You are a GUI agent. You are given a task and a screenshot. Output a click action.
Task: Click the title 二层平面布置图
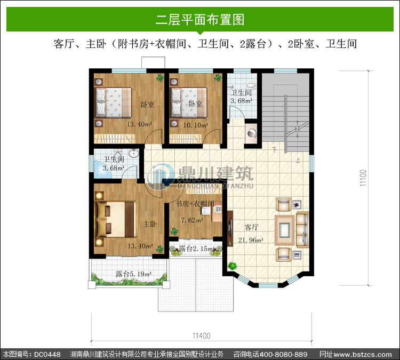[x=200, y=19]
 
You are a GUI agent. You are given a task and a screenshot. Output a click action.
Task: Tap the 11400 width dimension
[x=202, y=335]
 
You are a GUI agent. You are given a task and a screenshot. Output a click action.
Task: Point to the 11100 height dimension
[x=363, y=178]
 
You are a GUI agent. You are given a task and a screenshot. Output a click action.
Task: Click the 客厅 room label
[x=252, y=227]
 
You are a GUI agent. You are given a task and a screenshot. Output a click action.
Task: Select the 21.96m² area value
[x=251, y=240]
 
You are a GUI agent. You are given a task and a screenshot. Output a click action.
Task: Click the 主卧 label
[x=150, y=224]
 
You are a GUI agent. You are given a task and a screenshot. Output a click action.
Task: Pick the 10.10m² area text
[x=196, y=125]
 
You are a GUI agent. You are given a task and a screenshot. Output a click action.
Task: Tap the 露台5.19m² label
[x=133, y=274]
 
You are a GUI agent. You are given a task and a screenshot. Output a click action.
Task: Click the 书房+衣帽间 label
[x=195, y=204]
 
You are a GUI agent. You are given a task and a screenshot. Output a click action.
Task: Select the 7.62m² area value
[x=192, y=220]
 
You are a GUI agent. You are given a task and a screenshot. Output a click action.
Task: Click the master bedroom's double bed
[x=116, y=220]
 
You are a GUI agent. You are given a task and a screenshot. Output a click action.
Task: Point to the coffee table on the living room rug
[x=284, y=230]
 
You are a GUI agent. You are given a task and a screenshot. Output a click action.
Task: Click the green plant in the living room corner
[x=233, y=266]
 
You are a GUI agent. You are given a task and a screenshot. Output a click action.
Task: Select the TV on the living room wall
[x=230, y=228]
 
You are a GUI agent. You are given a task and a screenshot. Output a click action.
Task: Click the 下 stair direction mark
[x=274, y=150]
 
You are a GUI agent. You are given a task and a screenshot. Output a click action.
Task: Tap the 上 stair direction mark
[x=298, y=160]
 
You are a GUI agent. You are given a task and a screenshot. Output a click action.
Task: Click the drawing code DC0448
[x=47, y=354]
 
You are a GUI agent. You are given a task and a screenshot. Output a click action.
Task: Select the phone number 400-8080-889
[x=283, y=354]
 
